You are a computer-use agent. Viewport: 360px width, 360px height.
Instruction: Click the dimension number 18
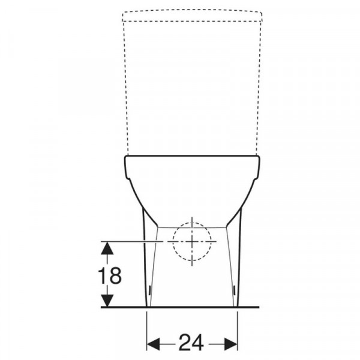click(x=110, y=275)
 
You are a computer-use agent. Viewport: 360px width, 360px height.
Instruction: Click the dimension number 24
click(x=191, y=343)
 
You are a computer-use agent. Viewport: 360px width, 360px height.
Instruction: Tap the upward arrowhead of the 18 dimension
click(x=107, y=248)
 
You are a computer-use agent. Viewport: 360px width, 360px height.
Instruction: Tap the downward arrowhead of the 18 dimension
click(x=107, y=301)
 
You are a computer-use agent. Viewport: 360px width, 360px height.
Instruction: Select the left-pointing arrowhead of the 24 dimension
click(x=153, y=344)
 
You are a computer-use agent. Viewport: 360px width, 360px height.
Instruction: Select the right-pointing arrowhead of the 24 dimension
click(x=231, y=344)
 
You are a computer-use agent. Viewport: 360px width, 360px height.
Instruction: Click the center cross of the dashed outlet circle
click(x=192, y=242)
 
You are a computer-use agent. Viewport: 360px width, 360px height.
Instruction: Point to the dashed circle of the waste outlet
click(x=173, y=242)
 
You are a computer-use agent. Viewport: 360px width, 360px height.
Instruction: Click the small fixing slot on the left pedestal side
click(x=149, y=290)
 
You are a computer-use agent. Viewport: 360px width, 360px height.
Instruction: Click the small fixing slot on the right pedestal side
click(x=234, y=290)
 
